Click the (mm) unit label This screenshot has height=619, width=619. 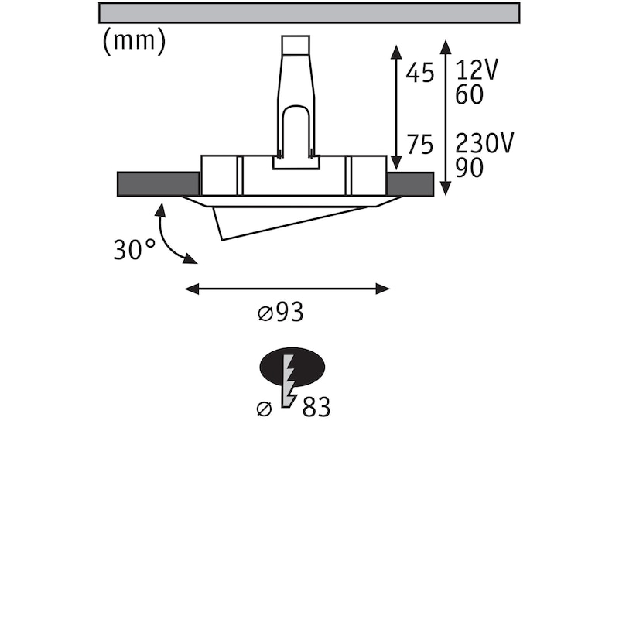[x=134, y=42]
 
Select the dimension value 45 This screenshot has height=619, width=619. [x=420, y=73]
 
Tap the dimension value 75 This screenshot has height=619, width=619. [x=420, y=145]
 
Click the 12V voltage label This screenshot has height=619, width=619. [x=477, y=70]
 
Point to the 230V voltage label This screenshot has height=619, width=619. [x=484, y=143]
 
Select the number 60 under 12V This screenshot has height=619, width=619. [x=470, y=94]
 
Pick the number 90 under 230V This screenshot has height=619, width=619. [x=470, y=168]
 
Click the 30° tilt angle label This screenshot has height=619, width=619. [x=135, y=249]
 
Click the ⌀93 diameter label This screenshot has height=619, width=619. [x=281, y=313]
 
